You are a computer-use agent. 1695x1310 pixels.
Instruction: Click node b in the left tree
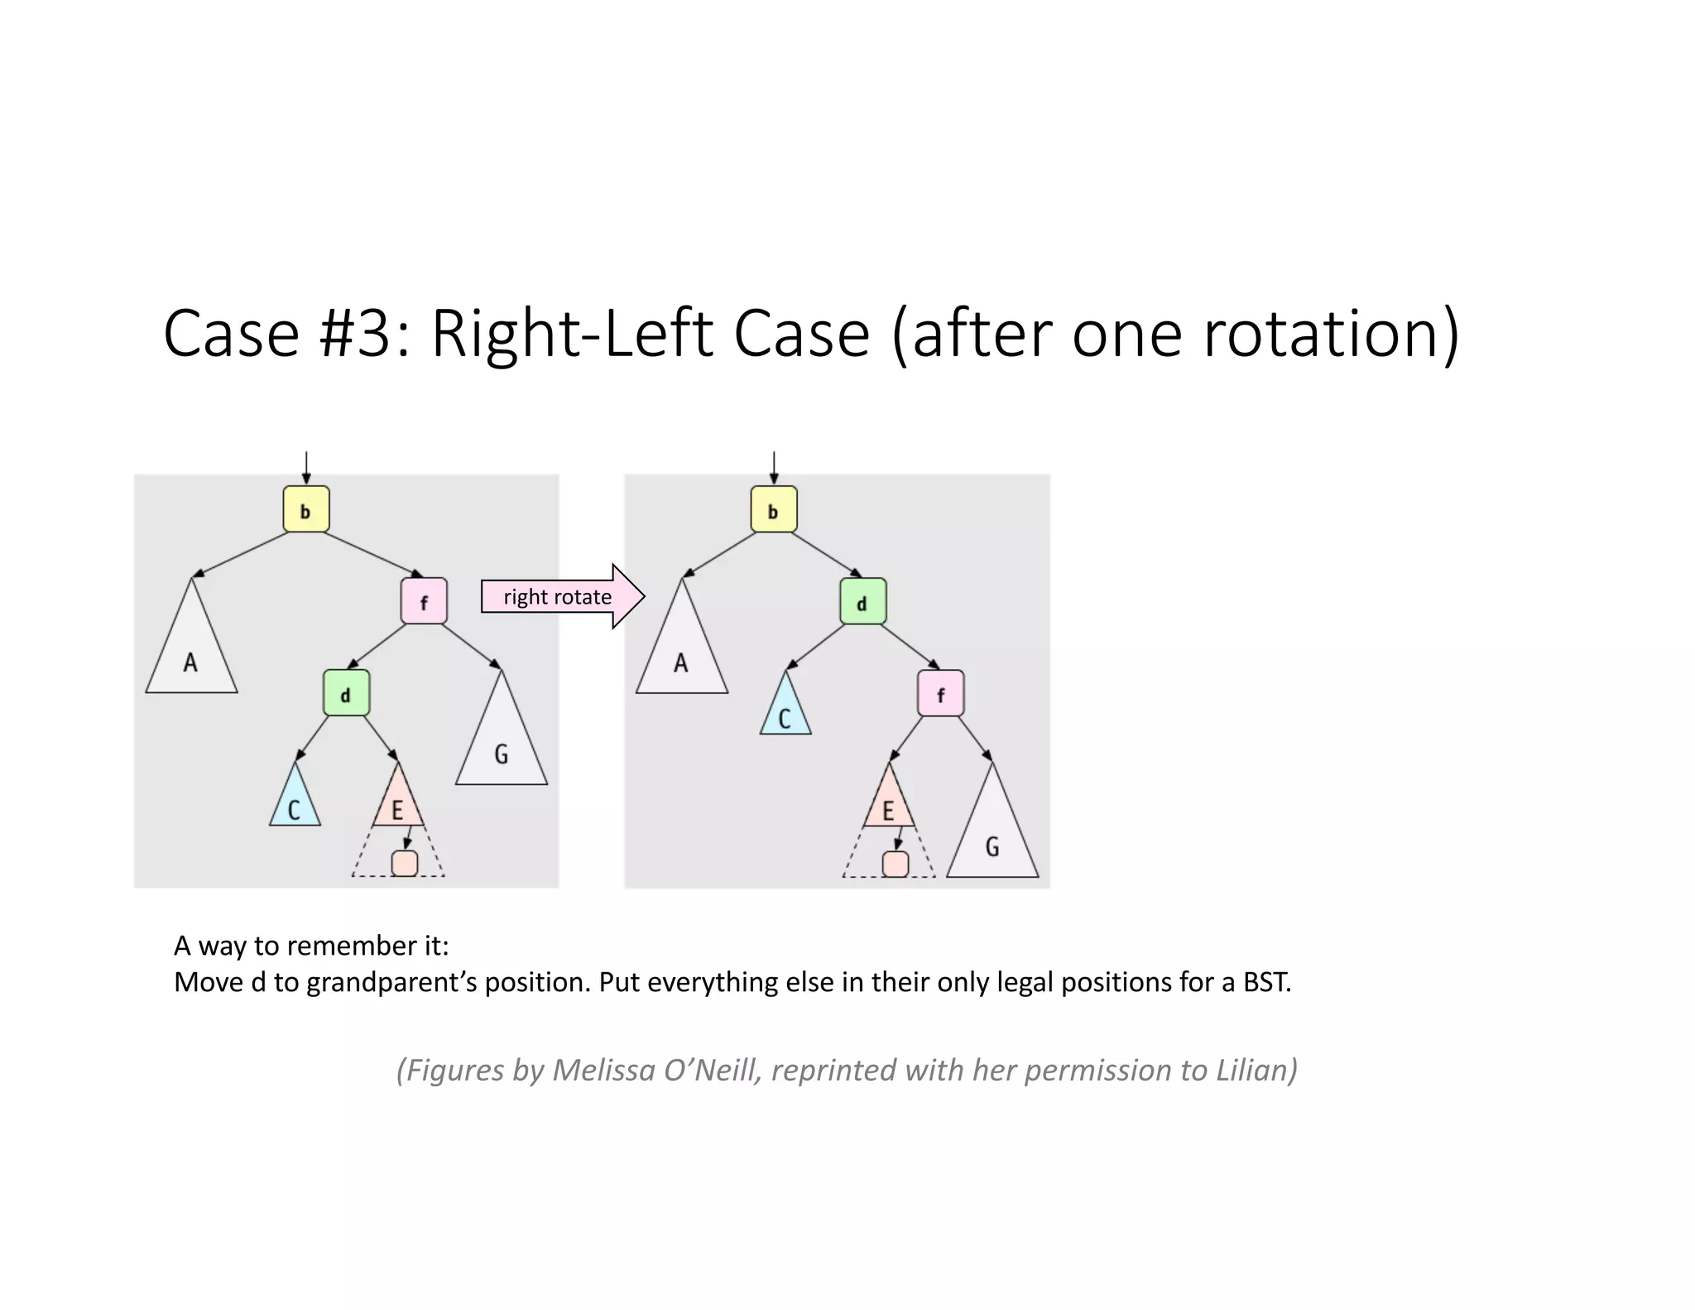306,509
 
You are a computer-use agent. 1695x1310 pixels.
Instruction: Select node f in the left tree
424,601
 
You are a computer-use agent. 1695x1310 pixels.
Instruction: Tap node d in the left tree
346,693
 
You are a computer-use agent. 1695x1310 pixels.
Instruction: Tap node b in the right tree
774,509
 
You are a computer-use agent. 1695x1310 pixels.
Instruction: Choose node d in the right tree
862,602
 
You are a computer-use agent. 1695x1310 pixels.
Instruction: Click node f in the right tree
940,693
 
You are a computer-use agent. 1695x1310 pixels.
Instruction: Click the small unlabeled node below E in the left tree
405,863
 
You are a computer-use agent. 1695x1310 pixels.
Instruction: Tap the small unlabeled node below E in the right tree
896,864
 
